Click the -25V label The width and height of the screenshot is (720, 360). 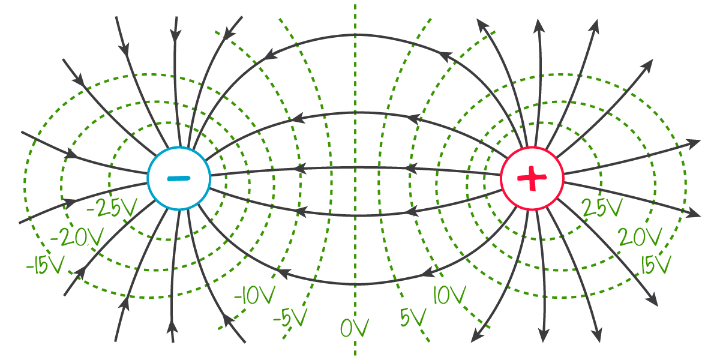(x=112, y=208)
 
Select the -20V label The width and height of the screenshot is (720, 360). (x=76, y=238)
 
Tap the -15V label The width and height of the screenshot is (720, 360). (x=44, y=266)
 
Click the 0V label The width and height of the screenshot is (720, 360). (x=354, y=328)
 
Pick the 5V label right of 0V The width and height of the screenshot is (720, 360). (x=413, y=317)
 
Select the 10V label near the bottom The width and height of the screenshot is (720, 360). (x=449, y=295)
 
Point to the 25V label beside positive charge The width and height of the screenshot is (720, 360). (x=602, y=208)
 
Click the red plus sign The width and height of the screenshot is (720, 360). (x=532, y=178)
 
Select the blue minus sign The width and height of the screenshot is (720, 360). (x=178, y=178)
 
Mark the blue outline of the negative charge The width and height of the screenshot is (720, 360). (x=148, y=178)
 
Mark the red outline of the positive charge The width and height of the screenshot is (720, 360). (x=562, y=178)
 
